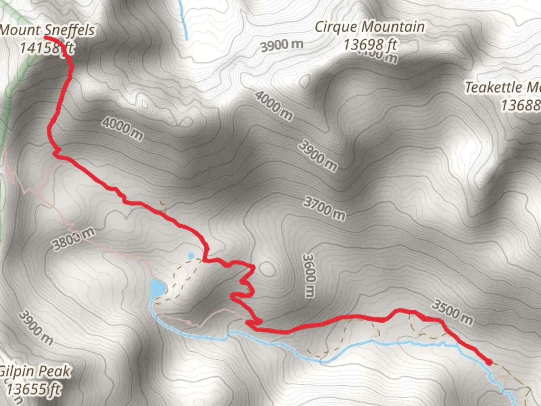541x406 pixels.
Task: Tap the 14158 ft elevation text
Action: point(47,48)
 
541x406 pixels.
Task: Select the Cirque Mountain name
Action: point(370,27)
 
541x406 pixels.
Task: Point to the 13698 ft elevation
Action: point(370,44)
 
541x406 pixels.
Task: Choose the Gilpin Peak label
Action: point(35,371)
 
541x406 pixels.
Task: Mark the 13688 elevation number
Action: point(521,105)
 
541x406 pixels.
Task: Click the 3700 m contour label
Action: point(324,209)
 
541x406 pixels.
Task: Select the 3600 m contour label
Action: point(308,275)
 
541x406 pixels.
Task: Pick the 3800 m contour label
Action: point(74,239)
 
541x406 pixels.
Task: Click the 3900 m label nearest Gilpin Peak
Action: point(36,327)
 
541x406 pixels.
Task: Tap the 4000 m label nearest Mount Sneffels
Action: point(122,129)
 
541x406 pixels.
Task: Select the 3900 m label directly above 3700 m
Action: point(318,156)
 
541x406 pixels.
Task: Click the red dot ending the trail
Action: point(489,362)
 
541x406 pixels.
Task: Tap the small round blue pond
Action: point(191,256)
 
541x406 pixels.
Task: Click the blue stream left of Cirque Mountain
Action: point(183,19)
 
